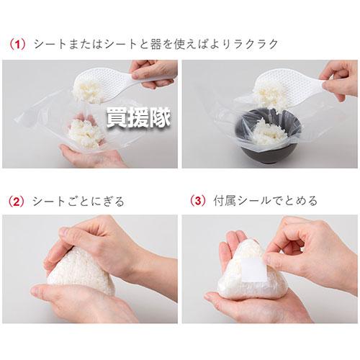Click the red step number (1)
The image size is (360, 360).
17,45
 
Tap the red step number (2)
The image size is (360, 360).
17,201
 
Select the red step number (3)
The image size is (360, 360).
194,201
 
